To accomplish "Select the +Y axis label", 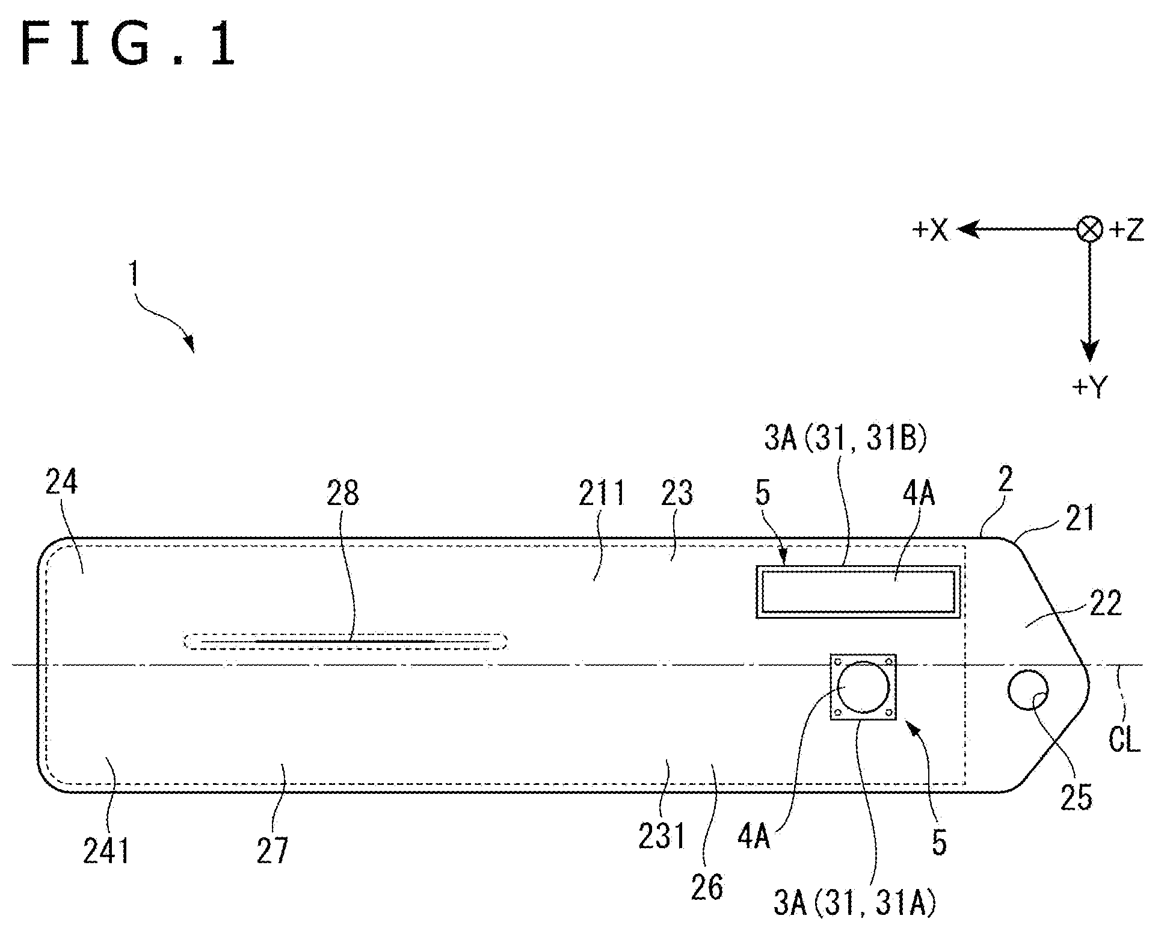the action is click(1089, 387).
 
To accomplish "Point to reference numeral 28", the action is click(343, 493).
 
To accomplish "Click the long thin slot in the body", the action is click(345, 642).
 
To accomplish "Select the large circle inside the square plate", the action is click(863, 687).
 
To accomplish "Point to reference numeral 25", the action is click(1076, 799).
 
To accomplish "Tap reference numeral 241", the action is click(106, 851).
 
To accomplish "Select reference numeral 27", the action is click(272, 851).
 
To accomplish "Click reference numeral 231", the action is click(662, 837).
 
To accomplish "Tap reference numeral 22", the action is click(1106, 604).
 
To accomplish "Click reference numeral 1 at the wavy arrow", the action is click(134, 274).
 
